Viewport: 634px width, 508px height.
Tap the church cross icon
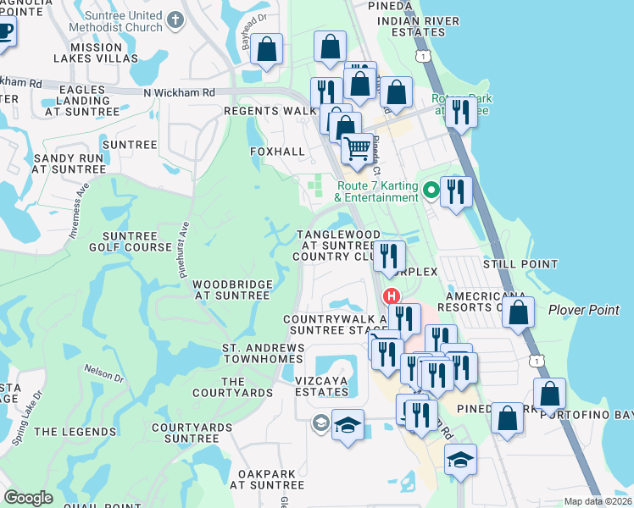(175, 18)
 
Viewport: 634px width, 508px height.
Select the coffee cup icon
(4, 35)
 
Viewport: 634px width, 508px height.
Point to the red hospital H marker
(392, 296)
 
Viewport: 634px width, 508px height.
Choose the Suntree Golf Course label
(130, 241)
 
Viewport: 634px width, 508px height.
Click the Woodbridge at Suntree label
(232, 290)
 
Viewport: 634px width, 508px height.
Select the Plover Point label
(583, 310)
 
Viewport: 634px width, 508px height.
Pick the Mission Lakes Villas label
(95, 52)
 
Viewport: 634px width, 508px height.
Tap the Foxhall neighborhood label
(276, 152)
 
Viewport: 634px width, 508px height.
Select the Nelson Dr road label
(104, 373)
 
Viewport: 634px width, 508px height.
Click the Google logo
(28, 498)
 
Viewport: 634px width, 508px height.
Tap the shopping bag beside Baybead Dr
(267, 50)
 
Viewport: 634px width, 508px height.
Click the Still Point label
(514, 265)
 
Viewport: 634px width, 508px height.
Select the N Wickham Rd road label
(179, 92)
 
